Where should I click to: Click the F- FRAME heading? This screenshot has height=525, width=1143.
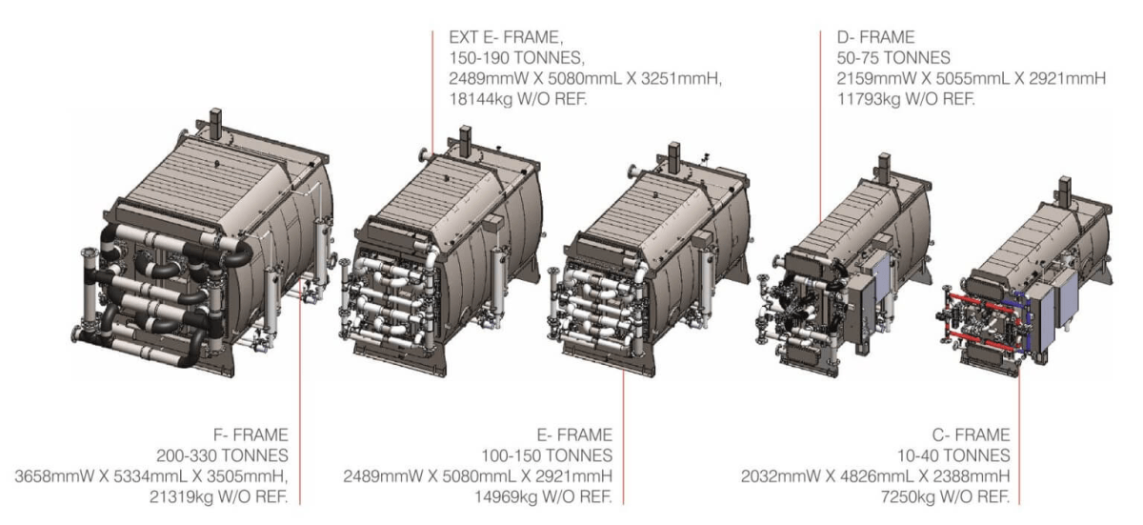coord(251,434)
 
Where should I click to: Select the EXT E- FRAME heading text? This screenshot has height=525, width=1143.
coord(506,37)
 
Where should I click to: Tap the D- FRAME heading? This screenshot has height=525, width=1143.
coord(875,37)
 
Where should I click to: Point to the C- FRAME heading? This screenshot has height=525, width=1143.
coord(971,434)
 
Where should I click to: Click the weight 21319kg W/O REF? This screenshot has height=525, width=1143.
coord(218,496)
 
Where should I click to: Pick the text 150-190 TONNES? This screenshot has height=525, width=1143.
coord(516,58)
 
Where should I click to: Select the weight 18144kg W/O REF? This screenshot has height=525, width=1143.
coord(518,98)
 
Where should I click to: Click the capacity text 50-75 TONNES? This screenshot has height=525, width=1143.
coord(893,58)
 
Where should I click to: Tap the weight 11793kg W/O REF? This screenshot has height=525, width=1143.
coord(906,98)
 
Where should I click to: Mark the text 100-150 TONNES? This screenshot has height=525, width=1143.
coord(547,455)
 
